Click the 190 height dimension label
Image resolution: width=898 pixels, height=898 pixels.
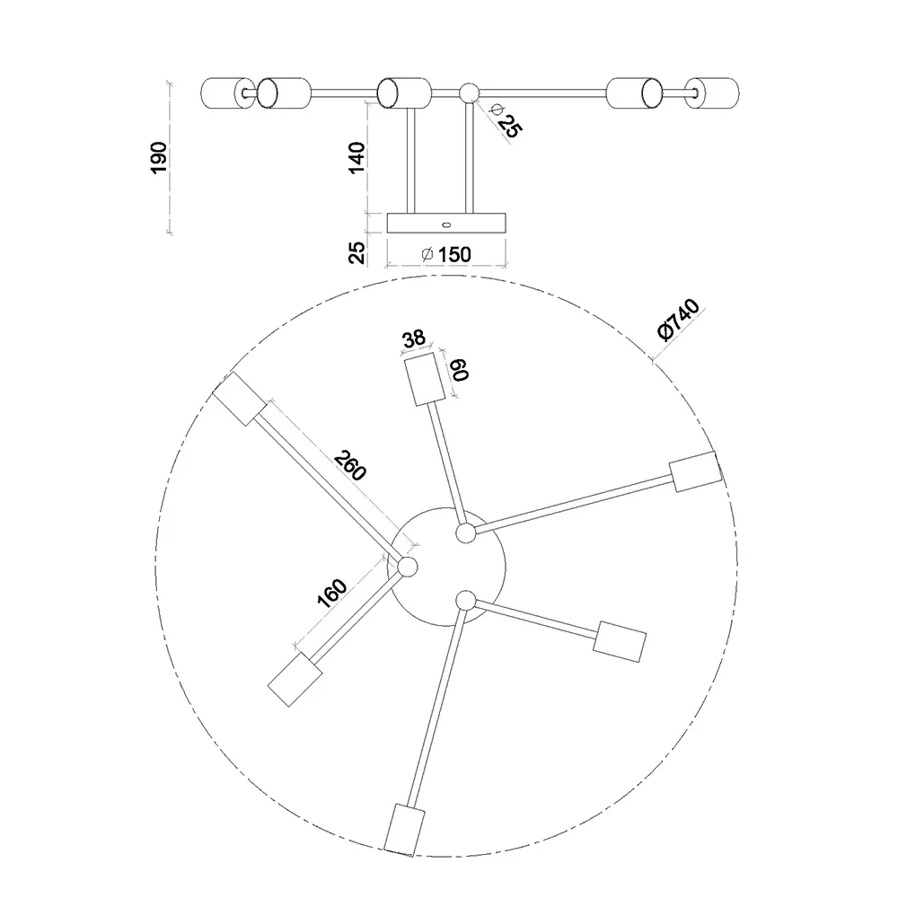158,157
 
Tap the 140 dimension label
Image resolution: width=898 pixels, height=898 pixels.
357,157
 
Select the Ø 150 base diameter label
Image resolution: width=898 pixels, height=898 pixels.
446,254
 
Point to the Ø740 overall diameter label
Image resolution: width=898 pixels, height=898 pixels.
679,320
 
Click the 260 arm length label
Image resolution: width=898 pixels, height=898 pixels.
350,465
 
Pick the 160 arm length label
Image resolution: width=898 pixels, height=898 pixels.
332,594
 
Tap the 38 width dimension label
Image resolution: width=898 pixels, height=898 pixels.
413,339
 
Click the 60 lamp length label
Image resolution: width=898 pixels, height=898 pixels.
459,369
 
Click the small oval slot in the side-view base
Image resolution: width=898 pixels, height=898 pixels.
446,224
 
